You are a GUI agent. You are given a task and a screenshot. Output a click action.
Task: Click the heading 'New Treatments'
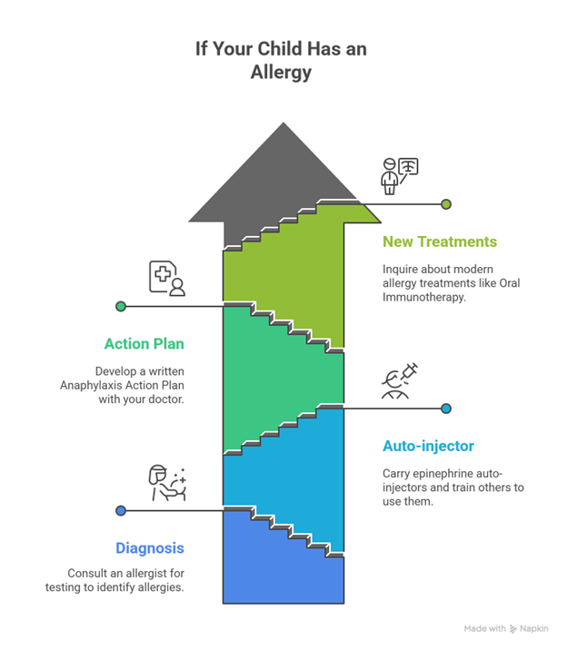tap(440, 241)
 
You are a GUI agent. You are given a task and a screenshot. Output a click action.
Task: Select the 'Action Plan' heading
tap(144, 343)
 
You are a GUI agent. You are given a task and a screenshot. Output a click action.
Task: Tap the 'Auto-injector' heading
tap(427, 446)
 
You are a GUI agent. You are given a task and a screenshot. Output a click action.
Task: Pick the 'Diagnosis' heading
tap(150, 547)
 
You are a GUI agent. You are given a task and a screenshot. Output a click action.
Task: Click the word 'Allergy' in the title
tap(282, 73)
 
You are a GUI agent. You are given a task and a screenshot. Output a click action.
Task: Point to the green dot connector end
tap(120, 306)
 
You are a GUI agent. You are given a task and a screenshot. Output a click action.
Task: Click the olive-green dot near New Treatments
tap(446, 204)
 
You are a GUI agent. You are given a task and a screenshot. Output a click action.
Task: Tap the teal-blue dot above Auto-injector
tap(446, 409)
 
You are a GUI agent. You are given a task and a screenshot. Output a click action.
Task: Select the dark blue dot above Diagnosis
tap(120, 510)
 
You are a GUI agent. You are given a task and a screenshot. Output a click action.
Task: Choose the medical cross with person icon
tap(167, 279)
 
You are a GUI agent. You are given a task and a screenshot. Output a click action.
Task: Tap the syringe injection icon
tap(400, 380)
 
